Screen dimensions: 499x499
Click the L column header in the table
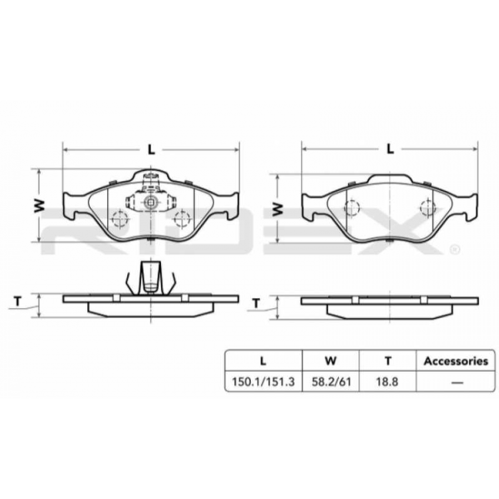click(x=263, y=361)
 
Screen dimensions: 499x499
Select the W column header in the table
click(x=330, y=361)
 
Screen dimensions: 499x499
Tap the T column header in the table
click(x=387, y=361)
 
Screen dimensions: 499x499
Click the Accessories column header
click(x=456, y=361)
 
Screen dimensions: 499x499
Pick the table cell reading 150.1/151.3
click(x=263, y=382)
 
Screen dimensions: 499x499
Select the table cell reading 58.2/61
click(x=330, y=382)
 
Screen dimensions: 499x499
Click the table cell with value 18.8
click(x=387, y=382)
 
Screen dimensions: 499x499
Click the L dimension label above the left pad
click(x=151, y=150)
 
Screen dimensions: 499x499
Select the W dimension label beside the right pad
click(x=279, y=208)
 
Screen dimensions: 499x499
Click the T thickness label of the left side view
click(x=19, y=301)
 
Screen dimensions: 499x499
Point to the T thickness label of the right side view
click(x=257, y=304)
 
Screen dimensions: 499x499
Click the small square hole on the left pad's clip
click(x=151, y=204)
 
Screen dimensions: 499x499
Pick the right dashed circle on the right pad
click(x=426, y=208)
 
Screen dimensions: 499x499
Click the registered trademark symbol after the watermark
click(x=454, y=249)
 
